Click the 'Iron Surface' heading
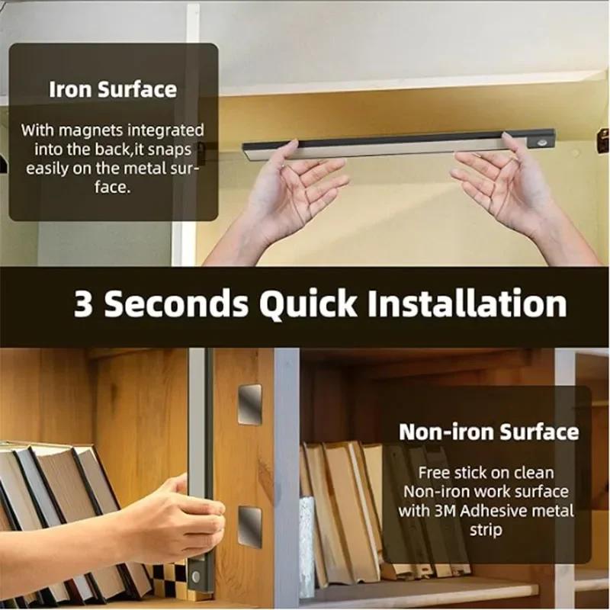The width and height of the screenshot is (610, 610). pos(112,89)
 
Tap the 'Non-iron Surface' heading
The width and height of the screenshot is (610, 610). pos(489,432)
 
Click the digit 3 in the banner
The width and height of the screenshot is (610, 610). pos(83,303)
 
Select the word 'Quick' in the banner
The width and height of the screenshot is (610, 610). pos(308,303)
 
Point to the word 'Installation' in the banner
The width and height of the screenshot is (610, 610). pos(467,303)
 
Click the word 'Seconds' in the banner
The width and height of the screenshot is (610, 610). pos(176,303)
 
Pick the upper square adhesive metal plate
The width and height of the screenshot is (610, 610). pos(249,404)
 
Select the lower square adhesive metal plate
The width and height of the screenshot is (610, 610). pos(249,526)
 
